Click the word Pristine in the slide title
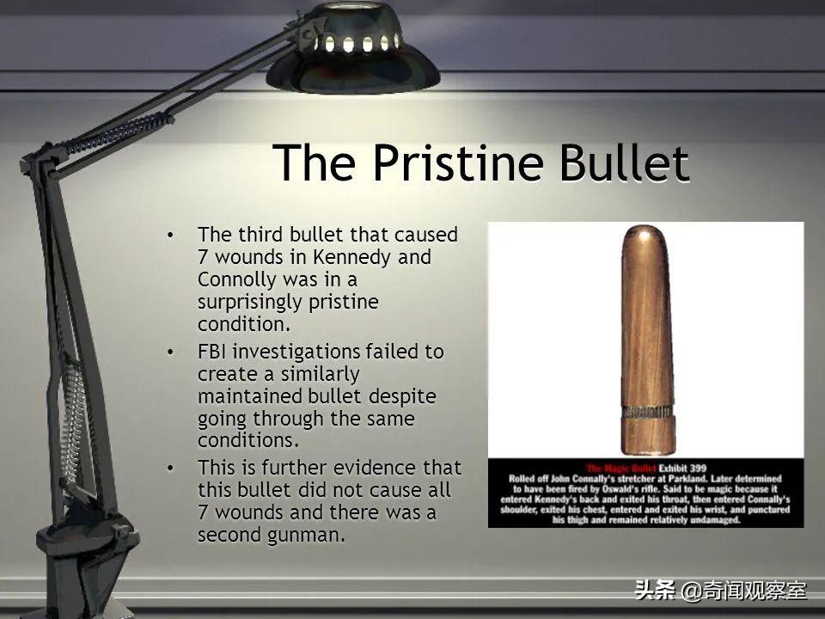458,162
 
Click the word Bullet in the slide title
624,162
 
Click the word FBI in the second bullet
212,352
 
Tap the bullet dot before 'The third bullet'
170,235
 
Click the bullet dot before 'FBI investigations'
170,352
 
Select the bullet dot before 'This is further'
170,468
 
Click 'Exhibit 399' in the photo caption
682,468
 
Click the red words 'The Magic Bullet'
620,468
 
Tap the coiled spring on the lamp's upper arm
120,131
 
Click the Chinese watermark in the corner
720,590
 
